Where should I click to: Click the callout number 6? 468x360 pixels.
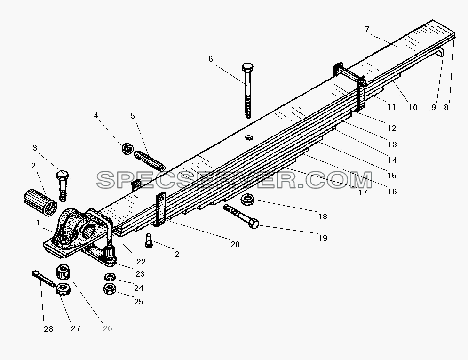tap(210, 59)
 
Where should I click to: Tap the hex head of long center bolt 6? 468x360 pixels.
tap(247, 66)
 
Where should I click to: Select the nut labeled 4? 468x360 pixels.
tap(127, 148)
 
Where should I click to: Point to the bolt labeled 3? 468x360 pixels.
tap(63, 185)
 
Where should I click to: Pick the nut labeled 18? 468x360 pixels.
tap(247, 200)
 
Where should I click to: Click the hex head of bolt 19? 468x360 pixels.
tap(253, 223)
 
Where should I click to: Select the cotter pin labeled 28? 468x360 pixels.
tap(43, 279)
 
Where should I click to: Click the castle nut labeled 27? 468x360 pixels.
tap(63, 289)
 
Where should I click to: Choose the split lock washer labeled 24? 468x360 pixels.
tap(110, 277)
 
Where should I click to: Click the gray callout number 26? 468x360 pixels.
tap(107, 328)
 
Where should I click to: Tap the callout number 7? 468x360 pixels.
tap(367, 29)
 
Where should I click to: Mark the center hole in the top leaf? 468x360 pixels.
tap(249, 137)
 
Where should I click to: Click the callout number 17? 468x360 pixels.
tap(363, 192)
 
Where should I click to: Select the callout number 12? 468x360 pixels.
tap(392, 128)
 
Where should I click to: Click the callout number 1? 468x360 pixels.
tap(38, 223)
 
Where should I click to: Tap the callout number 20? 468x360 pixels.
tap(235, 244)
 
